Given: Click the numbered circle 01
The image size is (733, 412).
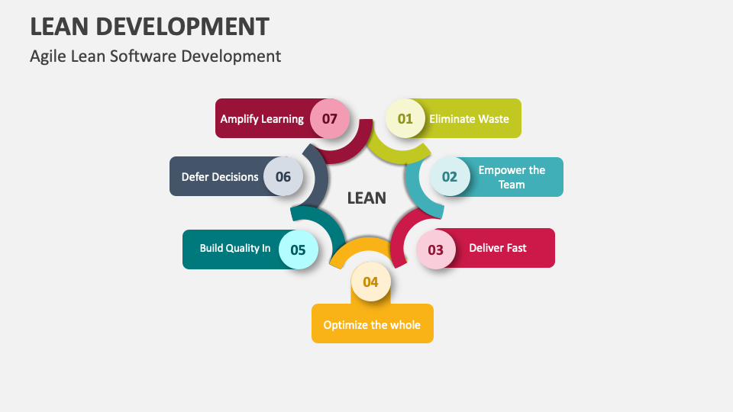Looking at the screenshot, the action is pyautogui.click(x=405, y=119).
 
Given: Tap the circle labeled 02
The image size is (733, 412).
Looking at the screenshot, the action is pyautogui.click(x=450, y=176).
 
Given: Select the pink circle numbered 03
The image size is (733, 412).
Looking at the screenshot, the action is pyautogui.click(x=436, y=249).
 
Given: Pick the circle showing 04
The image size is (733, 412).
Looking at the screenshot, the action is pyautogui.click(x=371, y=282).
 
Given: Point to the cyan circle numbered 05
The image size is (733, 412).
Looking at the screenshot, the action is pyautogui.click(x=299, y=249).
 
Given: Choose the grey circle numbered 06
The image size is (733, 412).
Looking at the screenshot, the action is pyautogui.click(x=283, y=176).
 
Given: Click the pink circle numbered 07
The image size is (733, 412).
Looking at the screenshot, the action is pyautogui.click(x=330, y=119).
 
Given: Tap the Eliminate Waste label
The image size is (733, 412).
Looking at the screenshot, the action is pyautogui.click(x=469, y=119).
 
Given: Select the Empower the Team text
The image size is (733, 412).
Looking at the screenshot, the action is pyautogui.click(x=512, y=177).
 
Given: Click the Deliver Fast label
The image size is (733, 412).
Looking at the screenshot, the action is pyautogui.click(x=497, y=248).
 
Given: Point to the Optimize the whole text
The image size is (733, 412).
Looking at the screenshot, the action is pyautogui.click(x=372, y=325).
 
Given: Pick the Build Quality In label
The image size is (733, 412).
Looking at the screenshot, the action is pyautogui.click(x=235, y=248).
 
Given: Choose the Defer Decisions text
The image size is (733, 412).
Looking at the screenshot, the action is pyautogui.click(x=220, y=177).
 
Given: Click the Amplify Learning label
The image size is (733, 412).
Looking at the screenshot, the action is pyautogui.click(x=262, y=119).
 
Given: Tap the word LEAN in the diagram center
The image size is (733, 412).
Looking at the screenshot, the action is pyautogui.click(x=366, y=198).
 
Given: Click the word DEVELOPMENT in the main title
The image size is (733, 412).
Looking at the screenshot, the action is pyautogui.click(x=182, y=27).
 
